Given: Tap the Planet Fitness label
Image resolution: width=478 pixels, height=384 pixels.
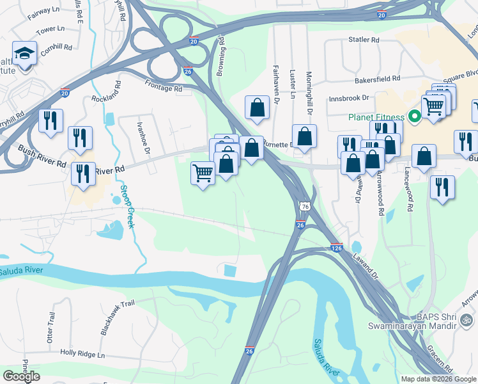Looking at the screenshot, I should pos(376,117).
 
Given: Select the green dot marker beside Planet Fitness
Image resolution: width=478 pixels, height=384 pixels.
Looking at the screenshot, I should pos(413,116).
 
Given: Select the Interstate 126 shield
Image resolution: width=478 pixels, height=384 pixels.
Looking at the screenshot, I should pos(337,248).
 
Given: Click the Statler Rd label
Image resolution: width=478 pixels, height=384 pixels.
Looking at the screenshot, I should pos(364,40).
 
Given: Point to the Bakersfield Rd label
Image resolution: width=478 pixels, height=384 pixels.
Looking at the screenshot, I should pos(378,79).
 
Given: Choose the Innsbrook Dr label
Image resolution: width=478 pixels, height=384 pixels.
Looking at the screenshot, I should pos(350,99).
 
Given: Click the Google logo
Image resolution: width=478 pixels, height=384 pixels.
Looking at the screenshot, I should pos(21,376).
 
